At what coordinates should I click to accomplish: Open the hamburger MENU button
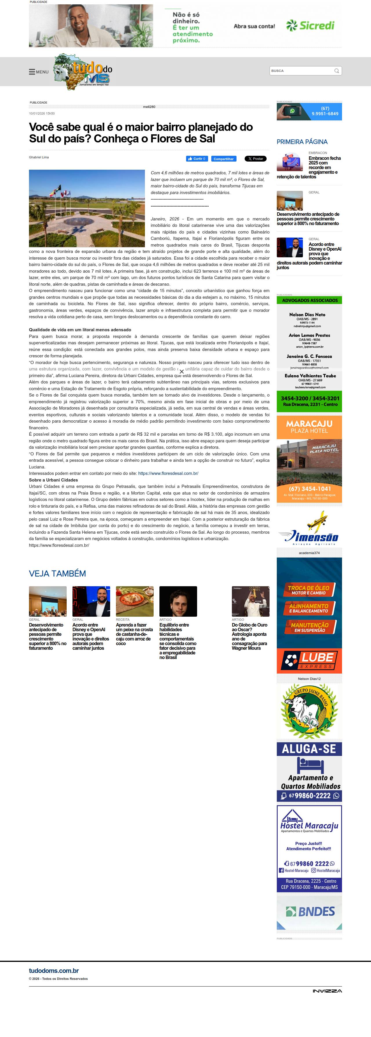pyautogui.click(x=39, y=72)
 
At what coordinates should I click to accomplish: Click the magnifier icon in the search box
pyautogui.click(x=337, y=71)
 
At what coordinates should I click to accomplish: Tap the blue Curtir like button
pyautogui.click(x=197, y=159)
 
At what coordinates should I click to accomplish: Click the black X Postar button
pyautogui.click(x=256, y=159)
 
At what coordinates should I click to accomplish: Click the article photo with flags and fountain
pyautogui.click(x=86, y=208)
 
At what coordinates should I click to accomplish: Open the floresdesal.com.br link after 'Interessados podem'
pyautogui.click(x=168, y=473)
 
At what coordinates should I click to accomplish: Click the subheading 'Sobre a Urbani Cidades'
pyautogui.click(x=53, y=480)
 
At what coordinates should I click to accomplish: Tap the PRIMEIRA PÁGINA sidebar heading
pyautogui.click(x=302, y=142)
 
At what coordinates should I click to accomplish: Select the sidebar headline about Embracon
pyautogui.click(x=324, y=165)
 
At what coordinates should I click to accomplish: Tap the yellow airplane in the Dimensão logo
pyautogui.click(x=317, y=520)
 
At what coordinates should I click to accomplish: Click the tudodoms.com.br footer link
pyautogui.click(x=54, y=971)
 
